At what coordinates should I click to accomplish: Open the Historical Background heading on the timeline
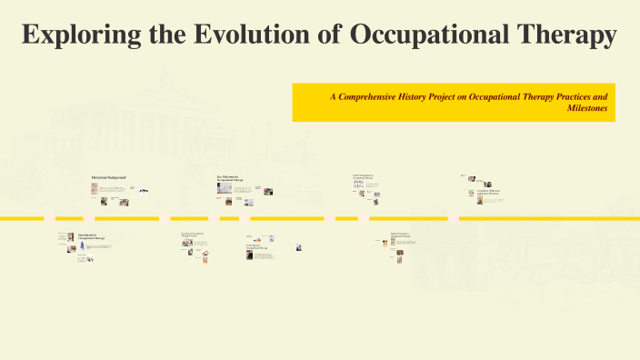click(x=108, y=176)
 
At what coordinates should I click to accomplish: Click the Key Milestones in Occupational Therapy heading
click(x=230, y=178)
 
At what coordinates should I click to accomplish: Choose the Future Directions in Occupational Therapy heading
click(x=401, y=235)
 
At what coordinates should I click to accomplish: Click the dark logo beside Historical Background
click(x=144, y=189)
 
